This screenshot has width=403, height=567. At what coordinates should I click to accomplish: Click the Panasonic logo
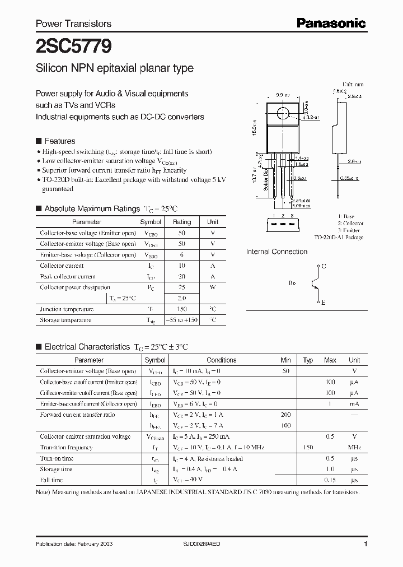331,24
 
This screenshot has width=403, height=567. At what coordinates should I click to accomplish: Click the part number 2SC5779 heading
65,45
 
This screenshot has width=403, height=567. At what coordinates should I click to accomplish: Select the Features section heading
59,141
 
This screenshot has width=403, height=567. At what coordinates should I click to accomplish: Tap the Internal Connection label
277,252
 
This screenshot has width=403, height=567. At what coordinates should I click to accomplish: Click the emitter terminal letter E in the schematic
323,302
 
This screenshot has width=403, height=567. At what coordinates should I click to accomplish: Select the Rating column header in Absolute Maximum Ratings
182,222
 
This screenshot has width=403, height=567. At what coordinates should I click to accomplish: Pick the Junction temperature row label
67,309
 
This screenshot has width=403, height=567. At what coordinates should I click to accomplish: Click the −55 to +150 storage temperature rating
182,320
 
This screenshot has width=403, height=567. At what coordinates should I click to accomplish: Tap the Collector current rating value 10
182,266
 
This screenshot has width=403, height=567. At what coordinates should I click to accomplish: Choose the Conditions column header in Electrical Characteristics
221,360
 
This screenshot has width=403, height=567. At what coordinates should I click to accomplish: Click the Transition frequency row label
66,448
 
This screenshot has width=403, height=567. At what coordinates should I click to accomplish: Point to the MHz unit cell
354,448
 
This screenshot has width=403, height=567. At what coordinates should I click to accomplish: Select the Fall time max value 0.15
330,480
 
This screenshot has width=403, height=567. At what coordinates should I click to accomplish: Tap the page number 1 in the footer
365,545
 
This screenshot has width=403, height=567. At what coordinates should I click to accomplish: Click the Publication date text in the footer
71,545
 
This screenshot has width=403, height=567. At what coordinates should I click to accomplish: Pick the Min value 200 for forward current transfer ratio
285,415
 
